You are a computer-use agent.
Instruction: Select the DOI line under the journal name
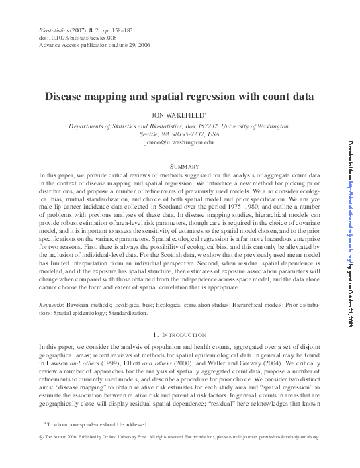64,38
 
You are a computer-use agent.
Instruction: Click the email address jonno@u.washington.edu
179,142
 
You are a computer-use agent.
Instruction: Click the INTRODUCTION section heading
183,334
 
